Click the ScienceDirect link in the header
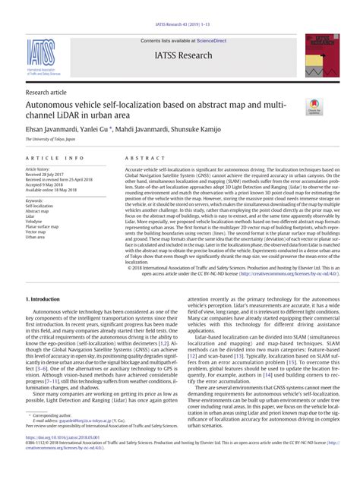(217, 40)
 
